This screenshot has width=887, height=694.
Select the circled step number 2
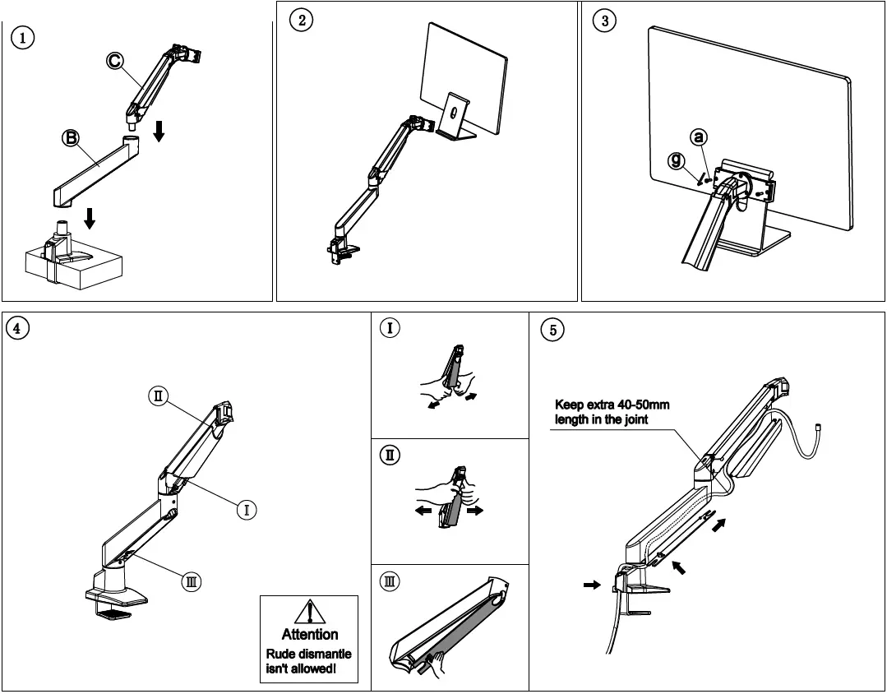coord(302,21)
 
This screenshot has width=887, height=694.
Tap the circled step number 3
coord(605,21)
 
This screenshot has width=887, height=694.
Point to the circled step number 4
coord(17,327)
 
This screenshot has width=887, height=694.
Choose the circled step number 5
coord(552,330)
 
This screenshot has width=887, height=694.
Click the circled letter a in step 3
coord(698,136)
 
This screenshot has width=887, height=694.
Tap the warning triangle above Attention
coord(309,613)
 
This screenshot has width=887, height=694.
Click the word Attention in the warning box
coord(309,634)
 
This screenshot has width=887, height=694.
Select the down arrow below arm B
coord(90,218)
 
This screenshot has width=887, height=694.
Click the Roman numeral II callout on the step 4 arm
coord(158,396)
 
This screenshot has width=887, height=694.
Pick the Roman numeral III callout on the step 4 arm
coord(191,581)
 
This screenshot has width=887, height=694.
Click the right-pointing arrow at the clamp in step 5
coord(590,584)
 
